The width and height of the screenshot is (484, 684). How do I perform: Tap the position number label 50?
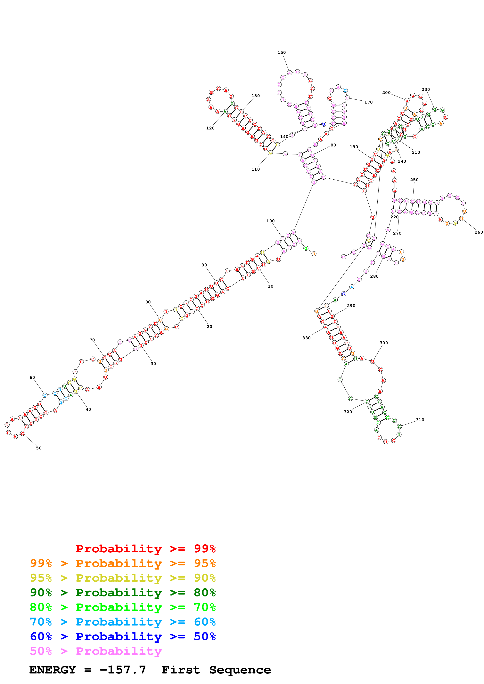tap(39, 448)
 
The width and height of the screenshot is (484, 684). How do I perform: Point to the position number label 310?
tap(420, 420)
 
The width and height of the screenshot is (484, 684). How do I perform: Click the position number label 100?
tap(270, 221)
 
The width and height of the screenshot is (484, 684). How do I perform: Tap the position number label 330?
tap(306, 338)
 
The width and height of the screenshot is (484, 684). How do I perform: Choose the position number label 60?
tap(32, 377)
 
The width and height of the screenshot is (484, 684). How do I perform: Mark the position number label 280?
tap(374, 276)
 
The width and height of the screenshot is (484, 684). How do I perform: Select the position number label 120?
tap(210, 128)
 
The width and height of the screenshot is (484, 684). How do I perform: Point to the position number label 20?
tap(209, 327)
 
